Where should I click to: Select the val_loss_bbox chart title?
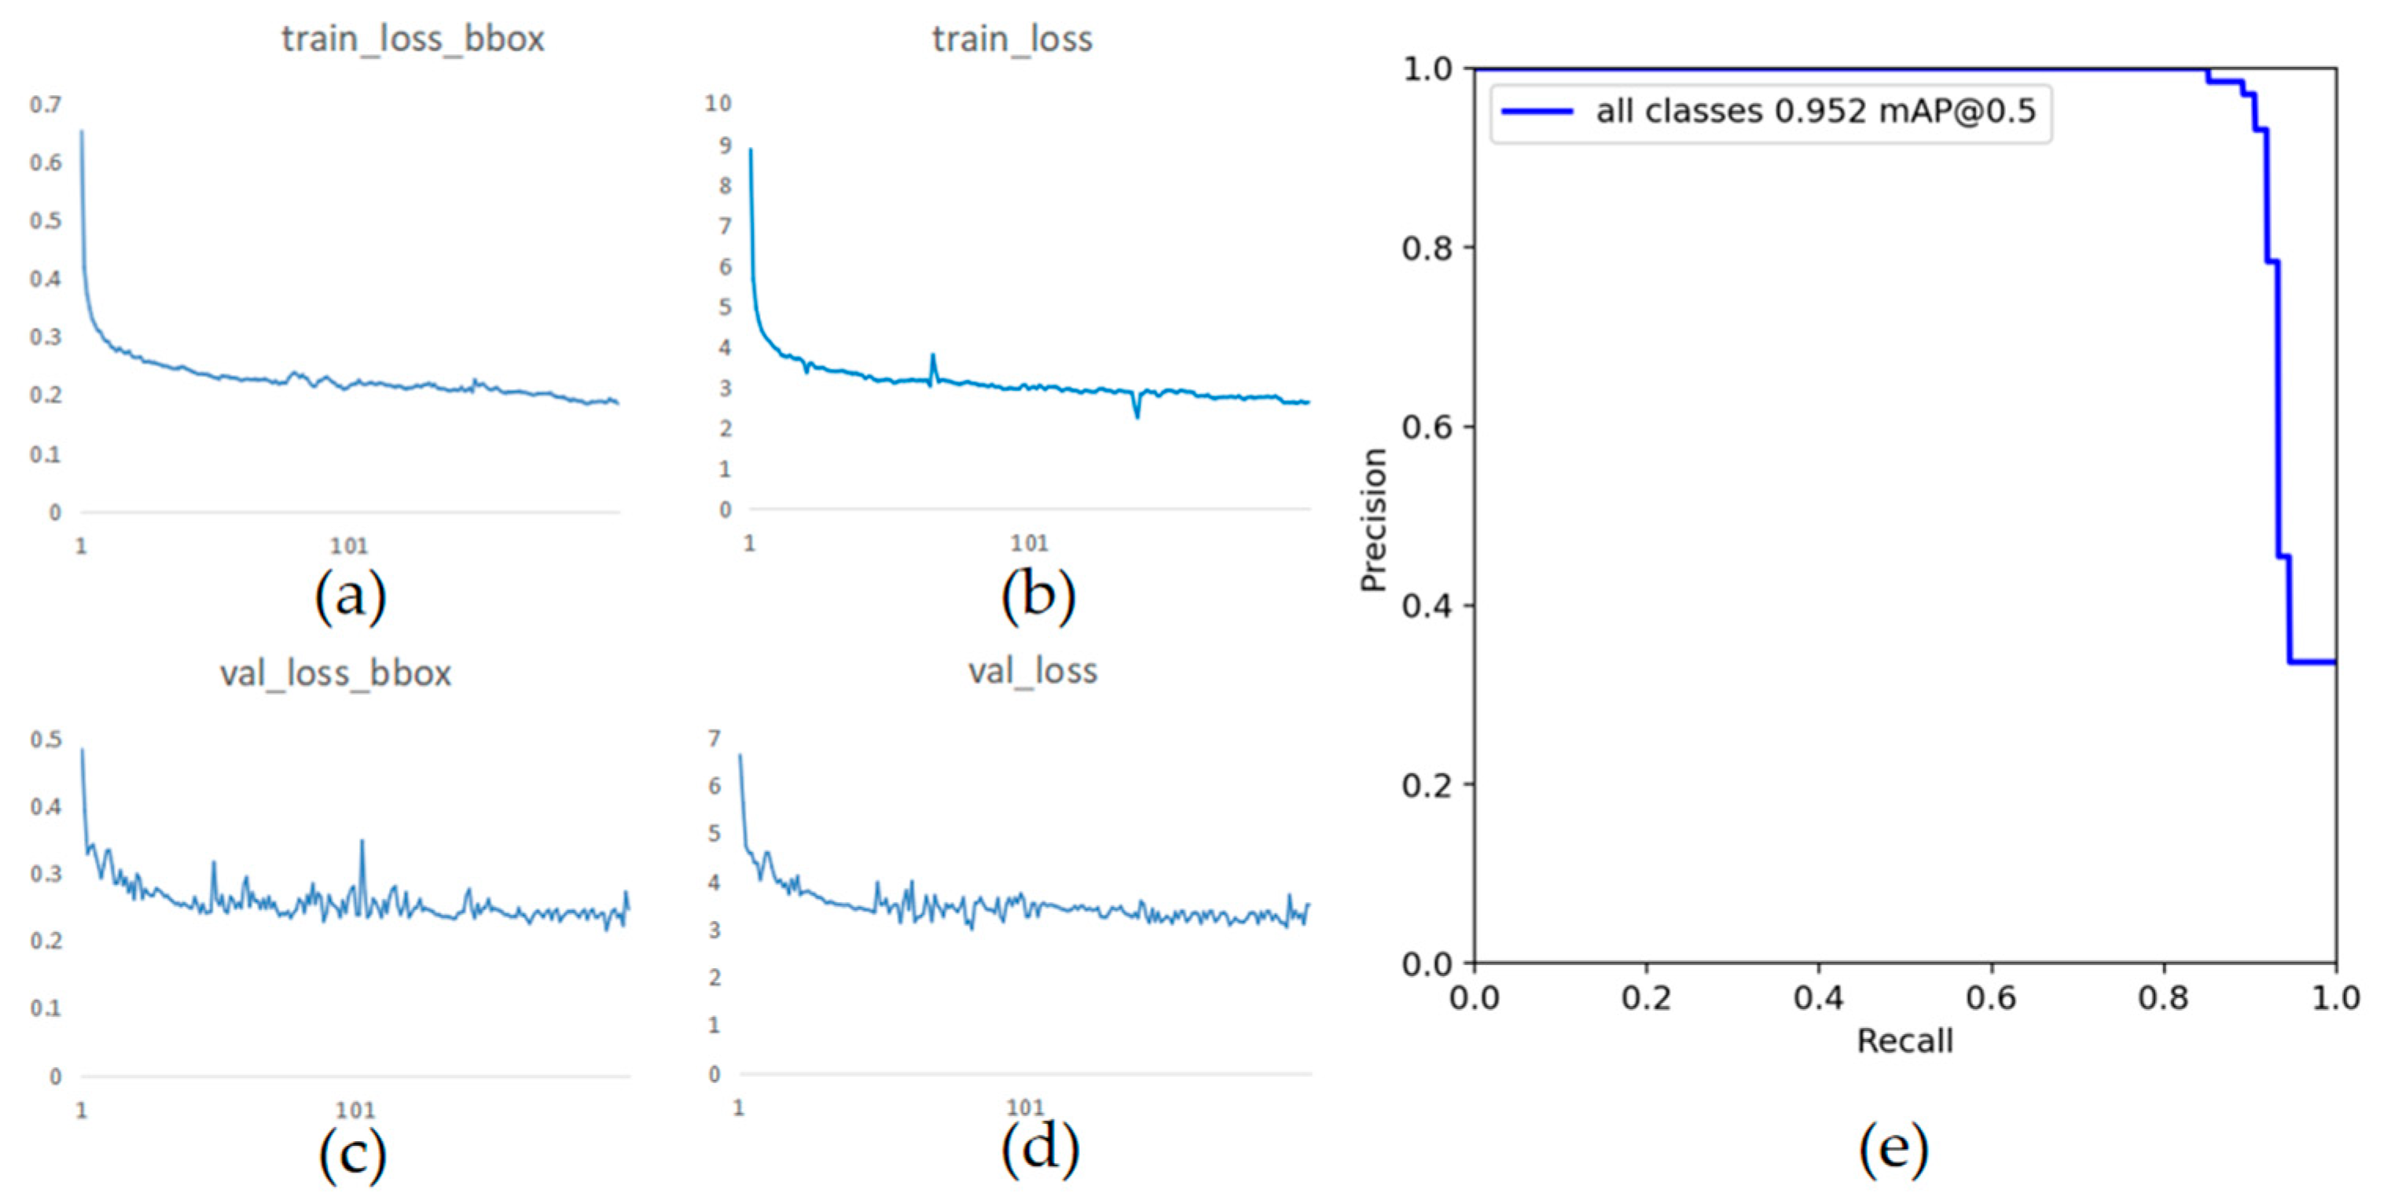coord(335,673)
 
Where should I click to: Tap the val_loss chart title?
coord(1032,671)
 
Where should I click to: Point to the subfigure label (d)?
coord(1039,1148)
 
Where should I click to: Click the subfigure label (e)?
coord(1894,1148)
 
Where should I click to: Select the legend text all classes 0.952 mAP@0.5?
coord(1816,111)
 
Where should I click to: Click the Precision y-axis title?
coord(1372,520)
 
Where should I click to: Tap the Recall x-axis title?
coord(1905,1041)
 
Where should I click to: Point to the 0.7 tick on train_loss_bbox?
coord(46,105)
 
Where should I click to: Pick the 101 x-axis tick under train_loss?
coord(1028,544)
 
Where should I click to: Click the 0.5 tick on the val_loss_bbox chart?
coord(46,740)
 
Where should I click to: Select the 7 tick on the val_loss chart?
coord(714,739)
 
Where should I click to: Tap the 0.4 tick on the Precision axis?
coord(1425,606)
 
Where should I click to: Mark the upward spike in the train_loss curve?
coord(933,356)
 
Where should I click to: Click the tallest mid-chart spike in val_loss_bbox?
coord(362,843)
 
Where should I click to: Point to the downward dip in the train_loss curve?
coord(1137,416)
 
